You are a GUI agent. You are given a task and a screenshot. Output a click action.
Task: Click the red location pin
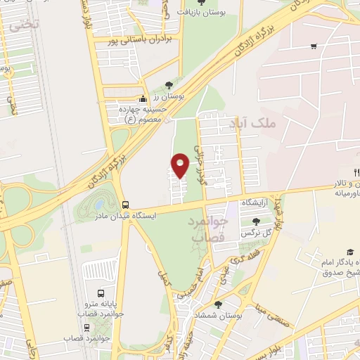(x=181, y=165)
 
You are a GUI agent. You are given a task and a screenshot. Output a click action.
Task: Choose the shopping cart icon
(x=314, y=47)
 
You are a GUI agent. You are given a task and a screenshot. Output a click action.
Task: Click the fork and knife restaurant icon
(x=356, y=173)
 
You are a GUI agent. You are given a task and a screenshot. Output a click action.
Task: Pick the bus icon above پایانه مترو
(x=101, y=293)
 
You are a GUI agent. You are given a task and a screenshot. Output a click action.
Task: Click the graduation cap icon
(x=350, y=252)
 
